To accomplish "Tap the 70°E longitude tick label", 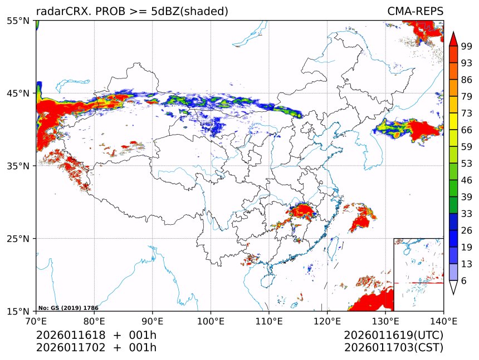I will [36, 320].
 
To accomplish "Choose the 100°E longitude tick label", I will [211, 320].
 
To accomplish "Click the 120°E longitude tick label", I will [327, 320].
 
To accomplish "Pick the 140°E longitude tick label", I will [443, 320].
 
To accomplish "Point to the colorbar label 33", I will [467, 213].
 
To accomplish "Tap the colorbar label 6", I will [464, 281].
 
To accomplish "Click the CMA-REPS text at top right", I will [415, 12].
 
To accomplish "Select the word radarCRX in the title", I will [60, 12].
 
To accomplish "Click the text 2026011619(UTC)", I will [393, 336].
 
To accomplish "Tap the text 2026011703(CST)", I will [393, 348].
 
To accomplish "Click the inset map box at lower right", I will [418, 274].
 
